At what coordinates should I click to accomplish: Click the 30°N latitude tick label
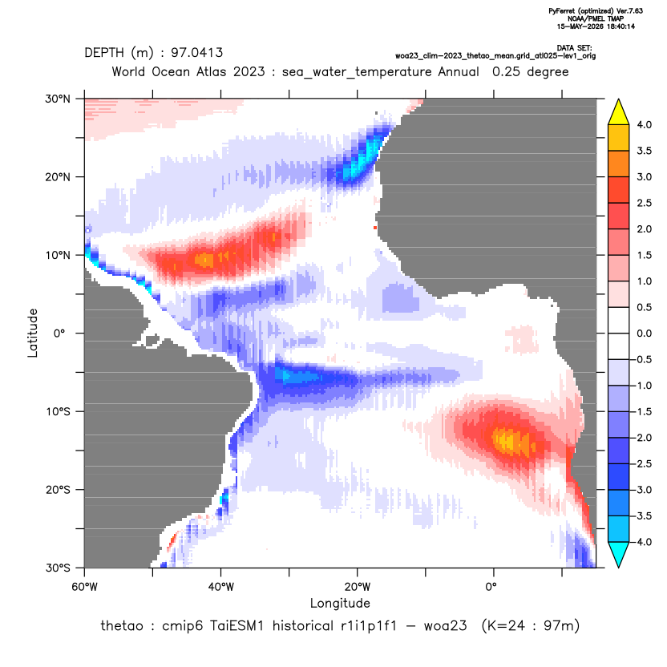coord(58,99)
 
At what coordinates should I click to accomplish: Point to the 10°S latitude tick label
coord(58,412)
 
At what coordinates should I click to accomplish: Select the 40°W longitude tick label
coord(220,587)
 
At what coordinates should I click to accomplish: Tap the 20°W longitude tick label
coord(358,587)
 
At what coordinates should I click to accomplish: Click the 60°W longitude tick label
coord(84,587)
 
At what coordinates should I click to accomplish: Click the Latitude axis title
coord(33,333)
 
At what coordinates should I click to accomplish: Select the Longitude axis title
coord(340,603)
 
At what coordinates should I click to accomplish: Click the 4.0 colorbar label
coord(644,124)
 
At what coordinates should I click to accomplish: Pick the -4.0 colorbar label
coord(642,542)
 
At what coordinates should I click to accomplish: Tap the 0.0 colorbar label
coord(644,333)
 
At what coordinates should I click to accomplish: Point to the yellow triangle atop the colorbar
coord(619,112)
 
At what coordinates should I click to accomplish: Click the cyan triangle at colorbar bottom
coord(619,555)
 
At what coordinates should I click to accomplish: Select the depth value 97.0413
coord(196,53)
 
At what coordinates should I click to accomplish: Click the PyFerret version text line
coord(596,11)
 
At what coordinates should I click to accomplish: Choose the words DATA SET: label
coord(574,48)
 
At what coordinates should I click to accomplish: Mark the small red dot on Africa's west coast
coord(375,228)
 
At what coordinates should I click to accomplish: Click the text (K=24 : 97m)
coord(531,626)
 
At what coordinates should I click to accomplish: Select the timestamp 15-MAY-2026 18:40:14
coord(596,26)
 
